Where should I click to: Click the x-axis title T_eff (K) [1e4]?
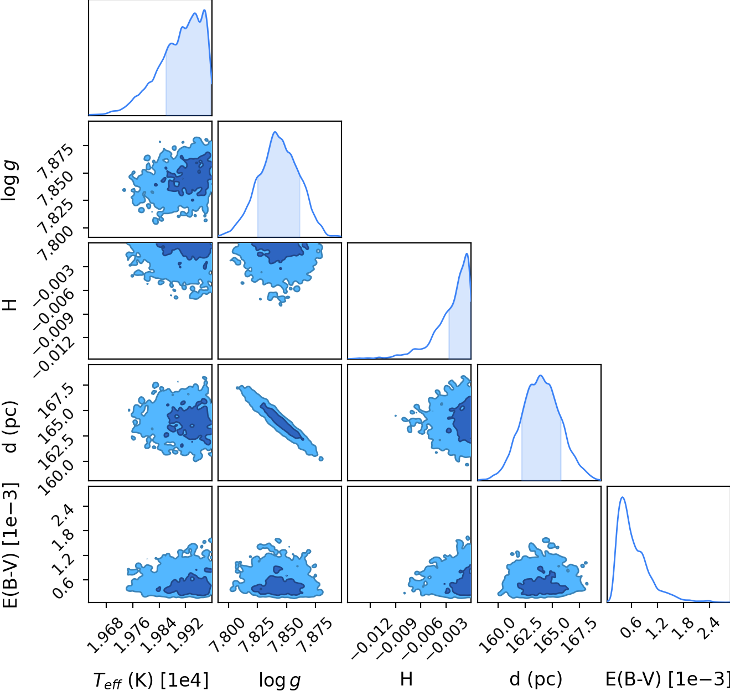tap(151, 680)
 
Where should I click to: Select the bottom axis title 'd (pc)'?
tap(536, 679)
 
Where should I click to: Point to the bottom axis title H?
tap(406, 679)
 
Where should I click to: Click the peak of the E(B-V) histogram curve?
tap(622, 497)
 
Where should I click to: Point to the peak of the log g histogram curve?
tap(275, 132)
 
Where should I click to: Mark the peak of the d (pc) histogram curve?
tap(541, 376)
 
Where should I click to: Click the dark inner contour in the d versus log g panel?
tap(282, 422)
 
